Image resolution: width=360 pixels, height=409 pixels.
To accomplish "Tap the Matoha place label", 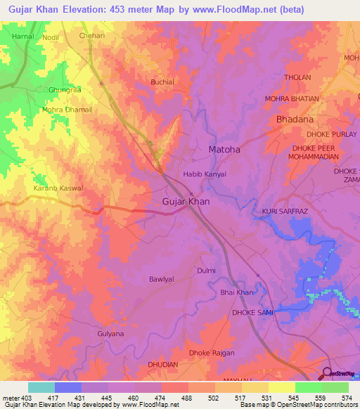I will (224, 149).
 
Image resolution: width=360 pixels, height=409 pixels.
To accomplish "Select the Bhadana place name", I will (295, 119).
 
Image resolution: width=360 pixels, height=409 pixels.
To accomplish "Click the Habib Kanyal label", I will (204, 174).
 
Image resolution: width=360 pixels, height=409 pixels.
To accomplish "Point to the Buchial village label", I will (163, 82).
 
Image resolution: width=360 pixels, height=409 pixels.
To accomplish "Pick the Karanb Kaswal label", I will (58, 188).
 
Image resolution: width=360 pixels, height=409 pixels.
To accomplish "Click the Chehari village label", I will (91, 35).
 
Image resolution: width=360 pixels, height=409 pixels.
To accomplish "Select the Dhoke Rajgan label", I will (212, 353).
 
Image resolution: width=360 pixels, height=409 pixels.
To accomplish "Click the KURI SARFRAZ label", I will (285, 211).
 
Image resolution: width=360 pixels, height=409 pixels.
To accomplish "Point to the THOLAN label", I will (297, 77).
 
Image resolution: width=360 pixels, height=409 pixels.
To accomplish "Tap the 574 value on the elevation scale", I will (347, 398).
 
